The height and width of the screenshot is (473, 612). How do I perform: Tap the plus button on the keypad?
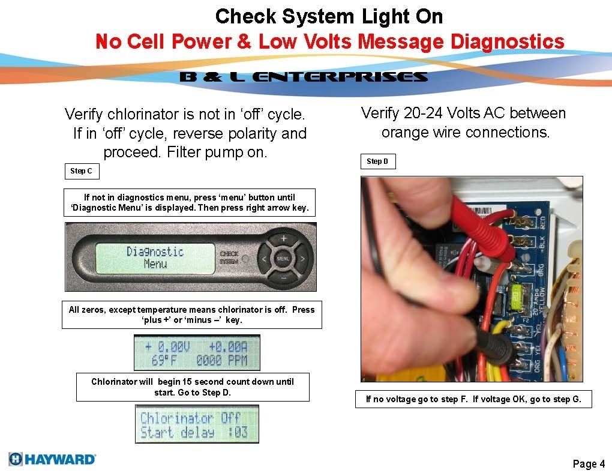(283, 239)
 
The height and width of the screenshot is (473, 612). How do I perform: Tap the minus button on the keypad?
(283, 279)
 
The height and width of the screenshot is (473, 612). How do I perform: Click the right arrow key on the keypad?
(303, 259)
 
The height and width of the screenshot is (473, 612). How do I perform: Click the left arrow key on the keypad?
(264, 259)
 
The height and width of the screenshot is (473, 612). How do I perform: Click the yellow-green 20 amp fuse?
(516, 294)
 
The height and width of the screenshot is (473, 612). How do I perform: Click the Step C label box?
(81, 171)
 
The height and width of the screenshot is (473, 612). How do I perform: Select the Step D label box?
(377, 161)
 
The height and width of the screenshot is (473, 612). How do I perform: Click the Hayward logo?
(52, 459)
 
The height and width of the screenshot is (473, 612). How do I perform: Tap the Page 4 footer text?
(589, 463)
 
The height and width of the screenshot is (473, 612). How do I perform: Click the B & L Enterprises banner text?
(304, 77)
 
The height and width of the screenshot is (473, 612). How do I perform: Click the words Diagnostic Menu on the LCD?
(155, 258)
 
